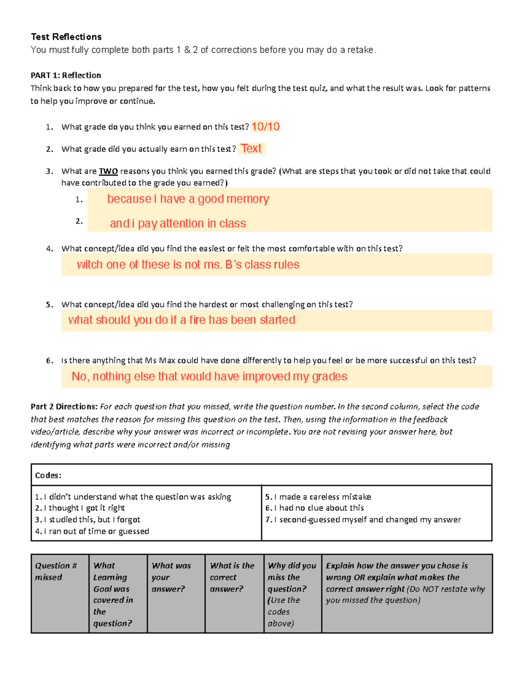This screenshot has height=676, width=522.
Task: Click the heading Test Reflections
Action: pos(66,37)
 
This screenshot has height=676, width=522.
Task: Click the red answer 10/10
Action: pos(265,127)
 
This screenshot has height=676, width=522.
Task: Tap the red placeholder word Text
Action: pos(251,148)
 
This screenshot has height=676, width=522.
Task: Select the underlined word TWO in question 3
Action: pos(108,171)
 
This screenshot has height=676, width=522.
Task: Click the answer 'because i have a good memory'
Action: pos(188,199)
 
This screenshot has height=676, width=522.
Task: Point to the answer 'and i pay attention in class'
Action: pos(178,223)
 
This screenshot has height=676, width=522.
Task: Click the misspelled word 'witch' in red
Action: pos(89,265)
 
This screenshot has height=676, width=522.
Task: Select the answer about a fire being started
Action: pos(182,320)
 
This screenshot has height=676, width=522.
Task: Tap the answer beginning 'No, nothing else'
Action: pos(209,377)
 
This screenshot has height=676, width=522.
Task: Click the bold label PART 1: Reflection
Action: pos(66,75)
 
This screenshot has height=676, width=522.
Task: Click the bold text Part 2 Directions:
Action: pos(64,407)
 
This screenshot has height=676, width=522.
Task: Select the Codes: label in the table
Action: pos(48,475)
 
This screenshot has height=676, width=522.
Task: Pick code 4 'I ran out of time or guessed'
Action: pos(92,531)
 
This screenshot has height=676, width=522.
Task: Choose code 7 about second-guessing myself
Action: pos(363,519)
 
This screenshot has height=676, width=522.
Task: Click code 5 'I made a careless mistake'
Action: pos(318,497)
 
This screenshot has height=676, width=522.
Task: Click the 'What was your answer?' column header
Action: pos(171,577)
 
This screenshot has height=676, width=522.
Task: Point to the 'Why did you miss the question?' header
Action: pos(292,577)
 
